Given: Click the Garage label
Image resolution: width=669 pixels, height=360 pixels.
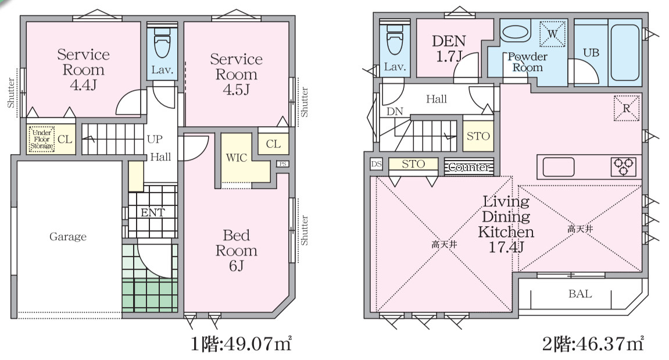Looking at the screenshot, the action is pyautogui.click(x=68, y=237).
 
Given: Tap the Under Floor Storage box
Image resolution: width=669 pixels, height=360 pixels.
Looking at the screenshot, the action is pyautogui.click(x=42, y=139).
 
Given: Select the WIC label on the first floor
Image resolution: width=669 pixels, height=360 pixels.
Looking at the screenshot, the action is pyautogui.click(x=237, y=158).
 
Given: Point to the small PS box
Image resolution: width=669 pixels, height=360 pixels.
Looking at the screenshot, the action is pyautogui.click(x=282, y=163).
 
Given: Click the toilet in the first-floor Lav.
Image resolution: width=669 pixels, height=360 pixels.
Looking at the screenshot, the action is pyautogui.click(x=162, y=42).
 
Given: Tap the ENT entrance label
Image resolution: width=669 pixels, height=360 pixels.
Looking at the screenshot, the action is pyautogui.click(x=153, y=212).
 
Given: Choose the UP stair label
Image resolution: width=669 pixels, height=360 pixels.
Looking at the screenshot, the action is pyautogui.click(x=155, y=139).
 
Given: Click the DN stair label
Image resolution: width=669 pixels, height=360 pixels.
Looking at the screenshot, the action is pyautogui.click(x=395, y=112).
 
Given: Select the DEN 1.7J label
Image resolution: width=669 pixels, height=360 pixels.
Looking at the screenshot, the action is pyautogui.click(x=448, y=49).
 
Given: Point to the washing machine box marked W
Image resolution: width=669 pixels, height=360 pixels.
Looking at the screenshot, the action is pyautogui.click(x=552, y=34).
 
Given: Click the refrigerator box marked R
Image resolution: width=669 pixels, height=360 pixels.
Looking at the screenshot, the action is pyautogui.click(x=627, y=108).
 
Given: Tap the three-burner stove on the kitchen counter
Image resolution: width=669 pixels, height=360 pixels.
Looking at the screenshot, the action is pyautogui.click(x=624, y=166).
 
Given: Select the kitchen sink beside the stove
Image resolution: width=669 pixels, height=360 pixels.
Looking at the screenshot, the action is pyautogui.click(x=558, y=167).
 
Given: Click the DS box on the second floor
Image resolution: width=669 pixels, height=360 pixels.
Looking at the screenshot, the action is pyautogui.click(x=376, y=164).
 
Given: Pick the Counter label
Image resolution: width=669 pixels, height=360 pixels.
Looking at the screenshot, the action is pyautogui.click(x=469, y=167).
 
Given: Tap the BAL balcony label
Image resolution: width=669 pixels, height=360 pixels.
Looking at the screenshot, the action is pyautogui.click(x=580, y=294).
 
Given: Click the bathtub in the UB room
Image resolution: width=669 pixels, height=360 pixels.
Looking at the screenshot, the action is pyautogui.click(x=625, y=52).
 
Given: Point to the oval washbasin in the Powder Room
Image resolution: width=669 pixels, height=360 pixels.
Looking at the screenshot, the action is pyautogui.click(x=516, y=33).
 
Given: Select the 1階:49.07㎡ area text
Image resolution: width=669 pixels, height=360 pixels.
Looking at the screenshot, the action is pyautogui.click(x=241, y=343).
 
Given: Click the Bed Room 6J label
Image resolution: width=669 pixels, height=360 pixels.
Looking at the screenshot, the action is pyautogui.click(x=237, y=251).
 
